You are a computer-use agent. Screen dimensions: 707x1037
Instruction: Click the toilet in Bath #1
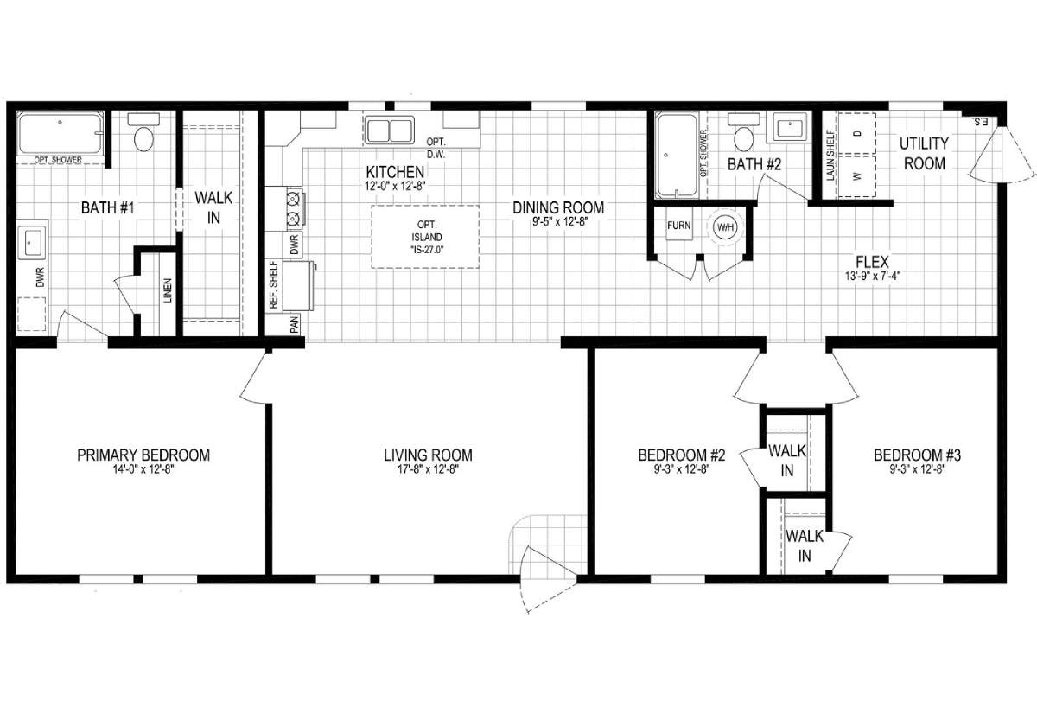pos(143,134)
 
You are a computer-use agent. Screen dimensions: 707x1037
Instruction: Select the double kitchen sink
pos(389,131)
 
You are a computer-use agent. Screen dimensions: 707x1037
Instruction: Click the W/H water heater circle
pos(723,228)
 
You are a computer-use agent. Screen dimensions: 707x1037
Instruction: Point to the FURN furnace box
pos(679,226)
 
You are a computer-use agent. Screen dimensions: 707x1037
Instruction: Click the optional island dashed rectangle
pos(425,236)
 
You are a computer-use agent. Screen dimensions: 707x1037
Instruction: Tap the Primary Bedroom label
pos(143,455)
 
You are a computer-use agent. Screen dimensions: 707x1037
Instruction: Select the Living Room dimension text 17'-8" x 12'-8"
pos(428,470)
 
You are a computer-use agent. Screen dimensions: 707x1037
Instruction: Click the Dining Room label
pos(557,207)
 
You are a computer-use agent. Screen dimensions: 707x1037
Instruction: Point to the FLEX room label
pos(872,262)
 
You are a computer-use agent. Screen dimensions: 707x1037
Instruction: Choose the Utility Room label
pos(924,153)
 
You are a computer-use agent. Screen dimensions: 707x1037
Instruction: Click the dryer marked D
pos(856,134)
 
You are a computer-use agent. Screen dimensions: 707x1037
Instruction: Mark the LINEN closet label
pos(167,292)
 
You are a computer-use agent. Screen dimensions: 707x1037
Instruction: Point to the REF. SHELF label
pos(273,284)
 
